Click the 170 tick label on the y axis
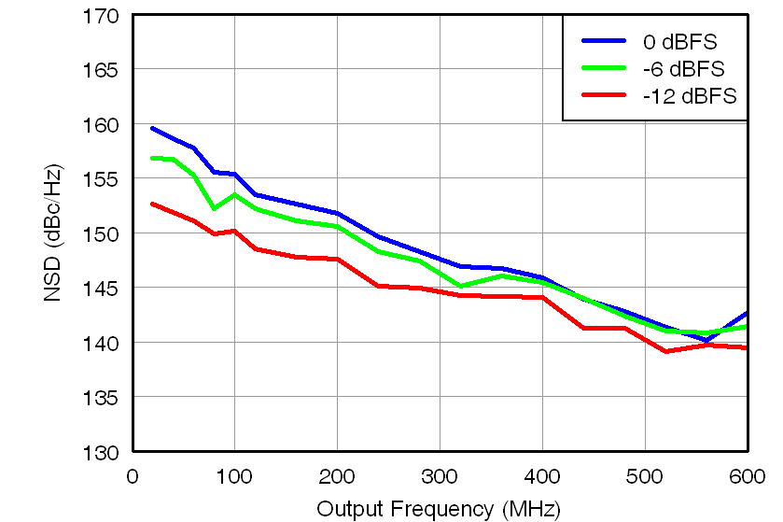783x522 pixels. click(x=100, y=16)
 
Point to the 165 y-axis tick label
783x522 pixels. click(x=100, y=70)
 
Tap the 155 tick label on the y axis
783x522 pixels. click(x=100, y=179)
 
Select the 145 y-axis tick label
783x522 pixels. click(x=100, y=289)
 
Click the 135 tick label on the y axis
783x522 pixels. click(x=100, y=398)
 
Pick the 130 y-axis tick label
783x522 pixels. click(x=100, y=452)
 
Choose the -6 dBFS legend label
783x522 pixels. click(x=683, y=69)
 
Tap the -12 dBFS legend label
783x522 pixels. click(x=689, y=96)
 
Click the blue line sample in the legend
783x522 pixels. click(x=605, y=41)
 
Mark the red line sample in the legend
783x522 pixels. click(x=605, y=95)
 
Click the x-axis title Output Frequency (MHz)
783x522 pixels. click(x=438, y=509)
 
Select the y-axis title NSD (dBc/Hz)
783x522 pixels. click(x=53, y=233)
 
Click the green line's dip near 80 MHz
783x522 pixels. click(x=214, y=208)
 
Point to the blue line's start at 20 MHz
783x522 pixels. click(x=152, y=128)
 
